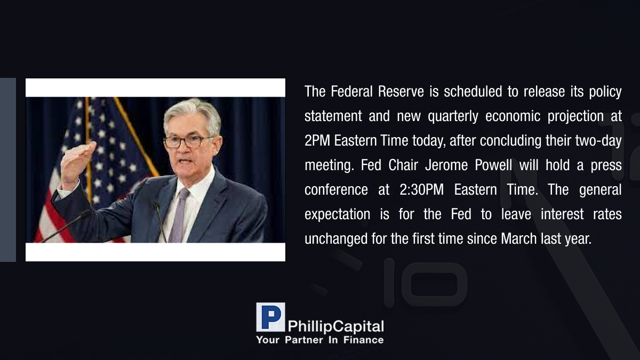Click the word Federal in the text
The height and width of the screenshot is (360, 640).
coord(351,91)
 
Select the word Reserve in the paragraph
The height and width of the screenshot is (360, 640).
coord(401,91)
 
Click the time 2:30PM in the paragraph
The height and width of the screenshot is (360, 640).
coord(422,190)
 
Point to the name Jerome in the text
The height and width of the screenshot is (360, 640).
coord(446,165)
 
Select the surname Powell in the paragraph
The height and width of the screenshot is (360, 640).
coord(493,165)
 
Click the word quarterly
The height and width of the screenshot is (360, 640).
coord(453,117)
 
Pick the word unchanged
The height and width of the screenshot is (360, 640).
coord(336,239)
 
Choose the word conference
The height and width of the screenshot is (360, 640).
coord(336,190)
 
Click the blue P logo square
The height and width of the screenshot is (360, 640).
coord(270,317)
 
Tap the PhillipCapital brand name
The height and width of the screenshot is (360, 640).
coord(335,326)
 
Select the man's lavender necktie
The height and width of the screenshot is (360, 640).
coord(179,215)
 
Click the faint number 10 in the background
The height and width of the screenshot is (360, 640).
coord(425,282)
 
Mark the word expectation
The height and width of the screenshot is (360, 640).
coord(337,215)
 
